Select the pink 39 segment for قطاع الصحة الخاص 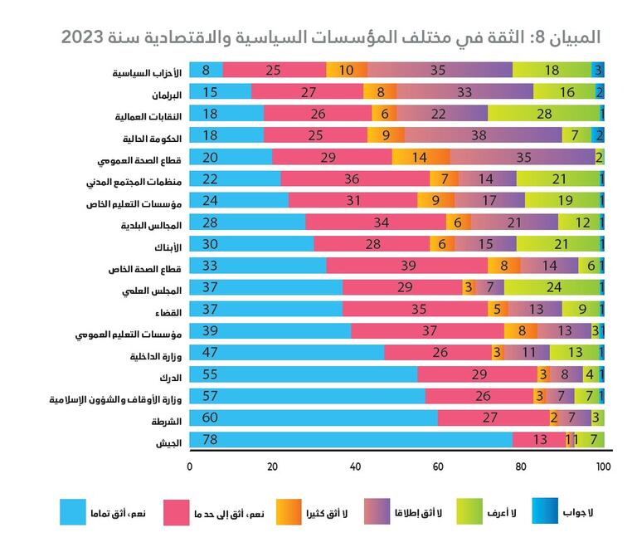pos(407,265)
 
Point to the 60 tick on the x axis pos(438,467)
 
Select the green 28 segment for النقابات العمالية pos(544,113)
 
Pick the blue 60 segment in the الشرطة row pos(314,417)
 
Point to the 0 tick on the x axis pos(190,467)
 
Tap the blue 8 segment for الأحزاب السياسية pos(207,70)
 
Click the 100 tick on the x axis pos(603,467)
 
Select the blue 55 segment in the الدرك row pos(304,374)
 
